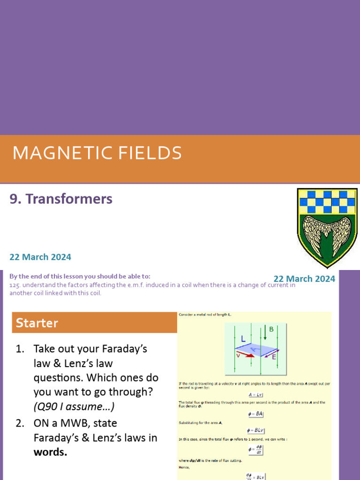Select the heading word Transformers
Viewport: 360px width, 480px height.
coord(69,199)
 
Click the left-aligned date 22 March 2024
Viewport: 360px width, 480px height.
coord(40,257)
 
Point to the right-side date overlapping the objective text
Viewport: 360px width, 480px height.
coord(304,279)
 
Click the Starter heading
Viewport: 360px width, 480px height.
coord(37,323)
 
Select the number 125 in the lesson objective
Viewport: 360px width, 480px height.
coord(14,285)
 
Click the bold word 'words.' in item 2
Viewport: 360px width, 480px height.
coord(50,453)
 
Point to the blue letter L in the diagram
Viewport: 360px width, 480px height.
coord(243,338)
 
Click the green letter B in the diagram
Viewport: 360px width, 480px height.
coord(271,329)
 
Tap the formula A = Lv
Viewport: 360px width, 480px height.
coord(255,395)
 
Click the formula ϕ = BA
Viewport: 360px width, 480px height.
coord(255,414)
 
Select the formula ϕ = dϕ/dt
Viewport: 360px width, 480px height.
coord(255,450)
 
